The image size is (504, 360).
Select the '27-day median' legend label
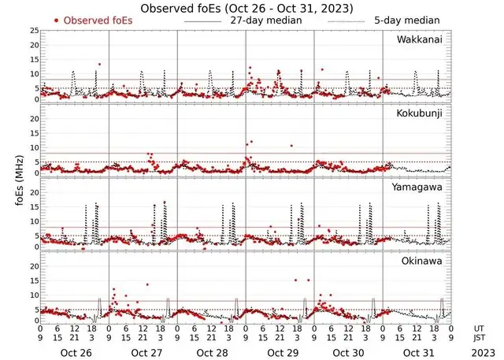[x=267, y=19]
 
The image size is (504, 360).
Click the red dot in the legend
[x=57, y=20]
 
